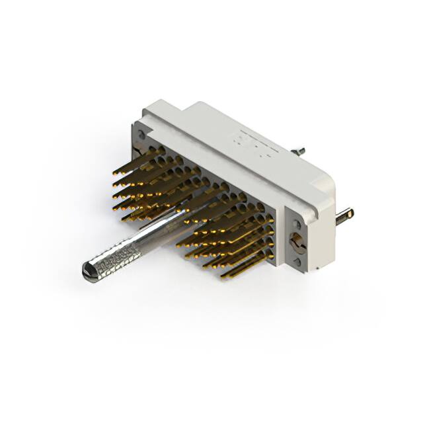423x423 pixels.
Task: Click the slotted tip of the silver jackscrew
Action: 86,270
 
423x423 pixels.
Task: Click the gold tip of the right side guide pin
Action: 350,213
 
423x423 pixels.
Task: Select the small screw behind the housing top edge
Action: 299,151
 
